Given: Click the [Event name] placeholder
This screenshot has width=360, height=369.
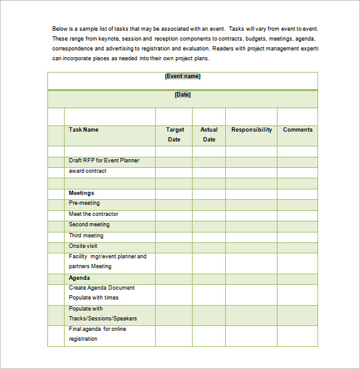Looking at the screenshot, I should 183,76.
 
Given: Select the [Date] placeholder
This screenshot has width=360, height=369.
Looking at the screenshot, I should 183,95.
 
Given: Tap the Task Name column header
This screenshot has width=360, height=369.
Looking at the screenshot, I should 84,130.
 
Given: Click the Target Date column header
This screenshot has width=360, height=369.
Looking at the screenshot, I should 175,135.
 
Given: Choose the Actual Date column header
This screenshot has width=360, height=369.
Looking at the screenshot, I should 209,135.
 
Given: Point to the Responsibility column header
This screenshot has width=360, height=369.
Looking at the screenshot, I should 251,130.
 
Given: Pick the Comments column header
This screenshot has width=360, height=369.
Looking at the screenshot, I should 298,130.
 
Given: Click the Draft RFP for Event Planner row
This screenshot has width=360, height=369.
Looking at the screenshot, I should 104,161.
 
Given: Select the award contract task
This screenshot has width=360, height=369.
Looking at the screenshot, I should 87,171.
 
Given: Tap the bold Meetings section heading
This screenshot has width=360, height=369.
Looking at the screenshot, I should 81,193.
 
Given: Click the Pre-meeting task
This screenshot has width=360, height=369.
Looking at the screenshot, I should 84,203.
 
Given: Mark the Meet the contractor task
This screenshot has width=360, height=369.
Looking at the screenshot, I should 94,214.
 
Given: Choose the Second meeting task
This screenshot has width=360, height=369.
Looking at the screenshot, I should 89,224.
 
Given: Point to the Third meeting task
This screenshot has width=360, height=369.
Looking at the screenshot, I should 86,236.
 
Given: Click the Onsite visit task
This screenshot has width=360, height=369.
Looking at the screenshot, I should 83,246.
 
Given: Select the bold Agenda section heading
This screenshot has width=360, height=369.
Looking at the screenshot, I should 79,278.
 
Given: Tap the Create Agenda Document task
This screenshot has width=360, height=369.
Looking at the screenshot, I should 102,288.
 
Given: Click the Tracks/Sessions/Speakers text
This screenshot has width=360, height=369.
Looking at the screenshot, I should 103,319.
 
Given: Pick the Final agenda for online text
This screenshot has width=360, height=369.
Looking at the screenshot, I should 97,329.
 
